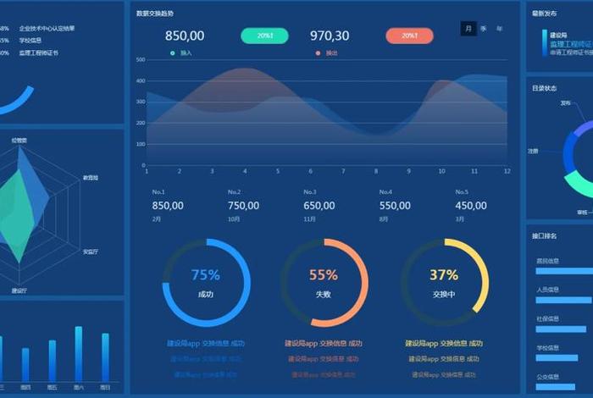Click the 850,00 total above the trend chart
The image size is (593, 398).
(x=184, y=36)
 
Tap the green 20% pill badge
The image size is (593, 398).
(x=264, y=36)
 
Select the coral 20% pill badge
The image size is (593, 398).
(x=409, y=36)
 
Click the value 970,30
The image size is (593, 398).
(x=330, y=36)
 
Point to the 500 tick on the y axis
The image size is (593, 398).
(x=139, y=60)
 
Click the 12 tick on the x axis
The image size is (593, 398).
(x=507, y=171)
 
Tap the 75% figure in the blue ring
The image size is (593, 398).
(x=206, y=275)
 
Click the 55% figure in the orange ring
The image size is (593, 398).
(x=324, y=275)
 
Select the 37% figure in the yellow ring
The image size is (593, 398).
(x=444, y=275)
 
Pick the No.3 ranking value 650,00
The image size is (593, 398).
(x=319, y=206)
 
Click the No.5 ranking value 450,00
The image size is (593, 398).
(x=471, y=206)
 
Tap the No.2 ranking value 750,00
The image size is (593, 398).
(x=243, y=206)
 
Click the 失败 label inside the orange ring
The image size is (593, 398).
(x=324, y=295)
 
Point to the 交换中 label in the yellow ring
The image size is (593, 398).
(x=444, y=295)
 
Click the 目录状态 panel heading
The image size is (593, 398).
(x=544, y=88)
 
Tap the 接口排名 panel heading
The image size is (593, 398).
(x=544, y=235)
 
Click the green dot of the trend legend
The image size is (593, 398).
(x=173, y=53)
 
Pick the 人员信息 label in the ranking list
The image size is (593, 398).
(x=547, y=289)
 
